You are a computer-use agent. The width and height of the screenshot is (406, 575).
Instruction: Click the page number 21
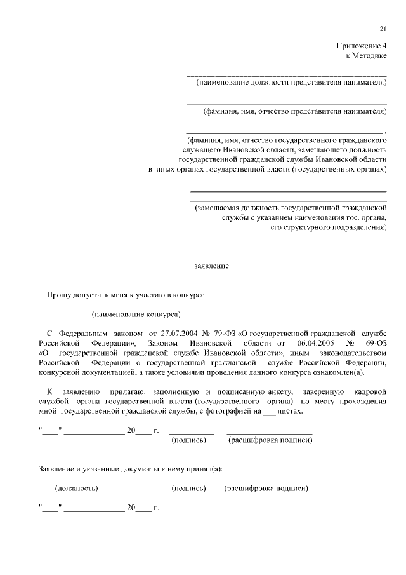[x=383, y=29]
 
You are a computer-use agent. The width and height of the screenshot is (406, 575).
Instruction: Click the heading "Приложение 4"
[x=361, y=46]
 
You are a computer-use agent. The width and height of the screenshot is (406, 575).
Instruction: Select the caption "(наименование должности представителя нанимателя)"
[x=291, y=83]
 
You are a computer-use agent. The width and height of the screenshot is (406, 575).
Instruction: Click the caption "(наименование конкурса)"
[x=136, y=314]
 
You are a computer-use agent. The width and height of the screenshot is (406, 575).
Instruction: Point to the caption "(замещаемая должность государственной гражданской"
[x=291, y=207]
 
